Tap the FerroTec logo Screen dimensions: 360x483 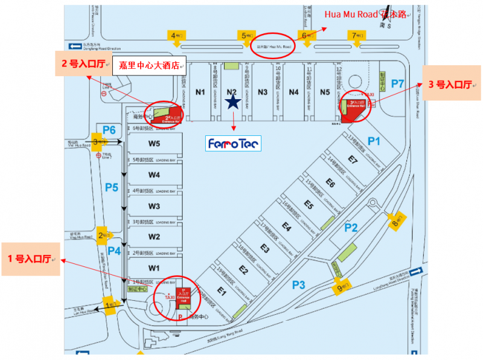pyautogui.click(x=232, y=144)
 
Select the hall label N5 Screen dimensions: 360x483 pyautogui.click(x=325, y=92)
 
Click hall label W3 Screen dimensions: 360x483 pyautogui.click(x=154, y=206)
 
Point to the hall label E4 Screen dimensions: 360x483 pyautogui.click(x=287, y=228)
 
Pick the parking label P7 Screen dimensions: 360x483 pyautogui.click(x=397, y=83)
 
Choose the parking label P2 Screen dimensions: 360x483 pyautogui.click(x=351, y=227)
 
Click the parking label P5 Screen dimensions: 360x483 pyautogui.click(x=112, y=187)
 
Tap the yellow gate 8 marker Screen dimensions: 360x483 pyautogui.click(x=398, y=220)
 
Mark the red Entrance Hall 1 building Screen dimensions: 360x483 pyautogui.click(x=179, y=295)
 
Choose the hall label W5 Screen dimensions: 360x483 pyautogui.click(x=154, y=144)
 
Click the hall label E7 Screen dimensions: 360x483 pyautogui.click(x=353, y=160)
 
